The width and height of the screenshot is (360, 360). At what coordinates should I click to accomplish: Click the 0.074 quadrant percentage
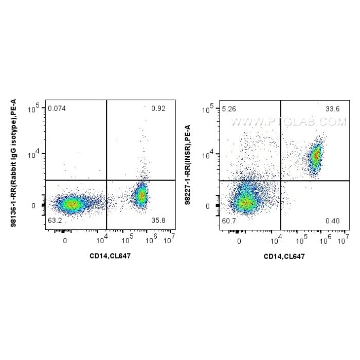(57, 109)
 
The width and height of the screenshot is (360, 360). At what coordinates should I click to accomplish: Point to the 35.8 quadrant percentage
(158, 220)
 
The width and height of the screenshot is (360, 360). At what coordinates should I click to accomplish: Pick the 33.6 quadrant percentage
(332, 109)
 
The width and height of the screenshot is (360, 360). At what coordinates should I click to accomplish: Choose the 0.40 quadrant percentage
(332, 220)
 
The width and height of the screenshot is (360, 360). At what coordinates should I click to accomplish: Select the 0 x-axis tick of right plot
(239, 240)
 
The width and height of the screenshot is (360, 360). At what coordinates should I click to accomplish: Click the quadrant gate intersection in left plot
(106, 180)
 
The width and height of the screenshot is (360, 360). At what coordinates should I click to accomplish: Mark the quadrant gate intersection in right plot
(281, 181)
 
